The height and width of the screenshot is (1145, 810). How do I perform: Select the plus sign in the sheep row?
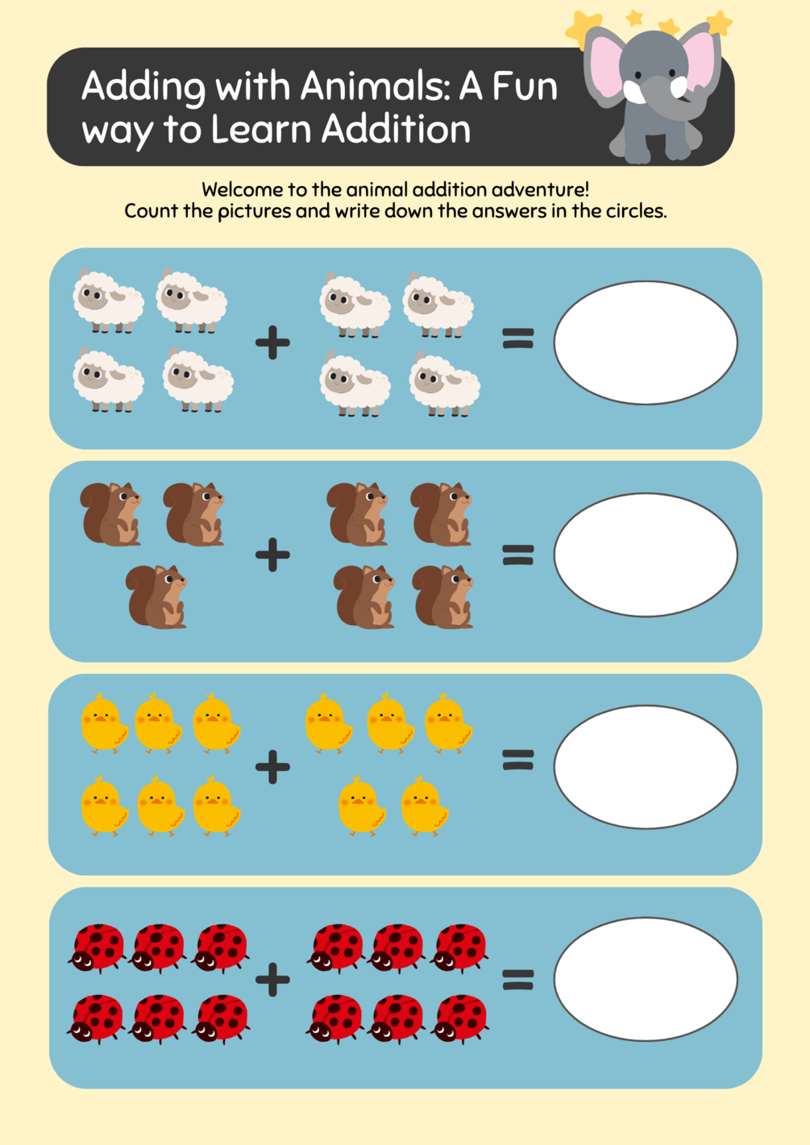[272, 342]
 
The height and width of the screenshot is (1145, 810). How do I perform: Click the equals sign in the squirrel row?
[518, 554]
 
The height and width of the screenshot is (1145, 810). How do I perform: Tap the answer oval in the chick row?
[646, 767]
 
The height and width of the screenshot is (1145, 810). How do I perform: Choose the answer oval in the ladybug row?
[646, 979]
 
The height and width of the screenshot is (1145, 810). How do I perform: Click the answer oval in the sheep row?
[646, 342]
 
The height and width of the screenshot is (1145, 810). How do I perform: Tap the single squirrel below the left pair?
[157, 597]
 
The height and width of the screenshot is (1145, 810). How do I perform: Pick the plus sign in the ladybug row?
[272, 979]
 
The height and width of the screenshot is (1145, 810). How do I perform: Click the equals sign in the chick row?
[518, 760]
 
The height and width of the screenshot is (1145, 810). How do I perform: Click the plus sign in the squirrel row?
[272, 554]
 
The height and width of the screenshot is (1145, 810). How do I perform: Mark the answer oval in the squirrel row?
[646, 554]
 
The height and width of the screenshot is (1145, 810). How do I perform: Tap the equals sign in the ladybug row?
[518, 979]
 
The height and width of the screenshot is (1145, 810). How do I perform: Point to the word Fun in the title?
[525, 87]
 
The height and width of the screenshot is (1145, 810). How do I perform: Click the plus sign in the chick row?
[272, 766]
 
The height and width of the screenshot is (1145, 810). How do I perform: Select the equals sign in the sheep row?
[518, 338]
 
